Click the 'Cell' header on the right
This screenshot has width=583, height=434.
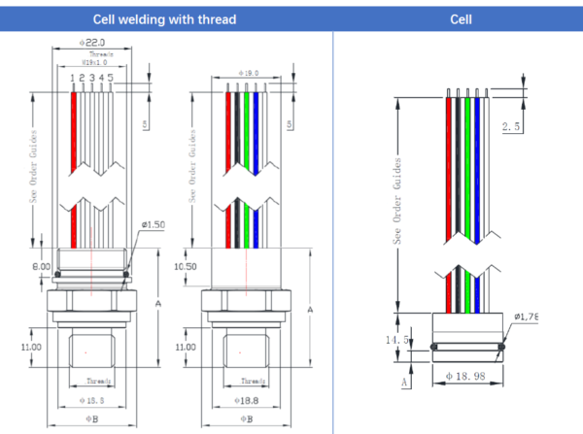(461, 19)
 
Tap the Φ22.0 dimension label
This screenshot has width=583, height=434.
(92, 43)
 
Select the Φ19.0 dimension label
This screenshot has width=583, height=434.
(248, 72)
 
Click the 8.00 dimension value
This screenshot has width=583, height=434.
(41, 265)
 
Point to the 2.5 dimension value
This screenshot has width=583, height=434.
(511, 127)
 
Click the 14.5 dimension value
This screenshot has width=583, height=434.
(397, 339)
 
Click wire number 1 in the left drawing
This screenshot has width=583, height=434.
(73, 77)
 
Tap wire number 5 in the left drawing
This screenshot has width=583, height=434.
(112, 77)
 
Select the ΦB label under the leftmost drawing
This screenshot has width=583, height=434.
(93, 420)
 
